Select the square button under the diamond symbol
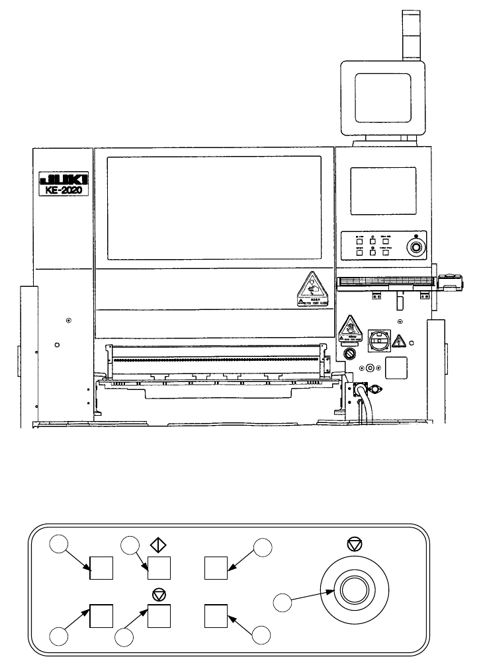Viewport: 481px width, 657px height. click(159, 568)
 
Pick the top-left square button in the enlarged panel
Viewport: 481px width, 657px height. click(101, 568)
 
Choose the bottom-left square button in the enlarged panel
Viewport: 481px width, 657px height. click(101, 615)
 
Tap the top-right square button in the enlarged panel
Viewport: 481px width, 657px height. click(216, 568)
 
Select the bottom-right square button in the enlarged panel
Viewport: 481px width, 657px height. click(216, 615)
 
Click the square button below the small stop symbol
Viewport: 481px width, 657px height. click(159, 615)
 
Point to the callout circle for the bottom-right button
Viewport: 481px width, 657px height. click(263, 635)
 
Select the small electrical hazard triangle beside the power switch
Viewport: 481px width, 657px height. click(399, 341)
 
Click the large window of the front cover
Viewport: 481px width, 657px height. click(214, 208)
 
